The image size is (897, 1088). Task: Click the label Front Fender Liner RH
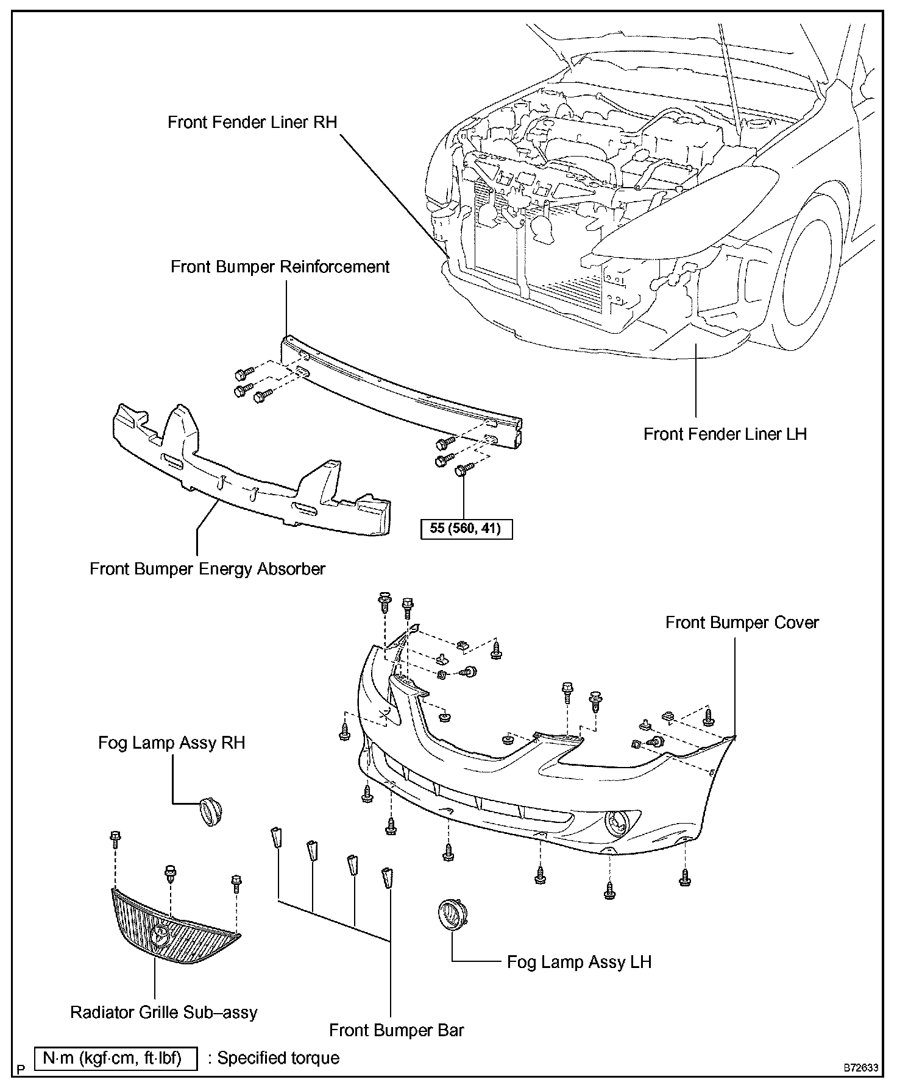click(252, 122)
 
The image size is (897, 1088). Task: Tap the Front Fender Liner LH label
click(725, 434)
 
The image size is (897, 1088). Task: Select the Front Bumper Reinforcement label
click(280, 267)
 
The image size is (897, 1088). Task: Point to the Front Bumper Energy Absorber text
click(208, 569)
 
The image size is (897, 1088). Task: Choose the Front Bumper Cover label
click(742, 623)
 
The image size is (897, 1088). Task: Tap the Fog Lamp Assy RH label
click(172, 743)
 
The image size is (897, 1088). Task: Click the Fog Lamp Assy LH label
click(580, 963)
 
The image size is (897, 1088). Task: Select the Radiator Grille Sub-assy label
click(164, 1012)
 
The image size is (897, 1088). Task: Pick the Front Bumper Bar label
click(397, 1031)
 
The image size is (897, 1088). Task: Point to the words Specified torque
click(278, 1059)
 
